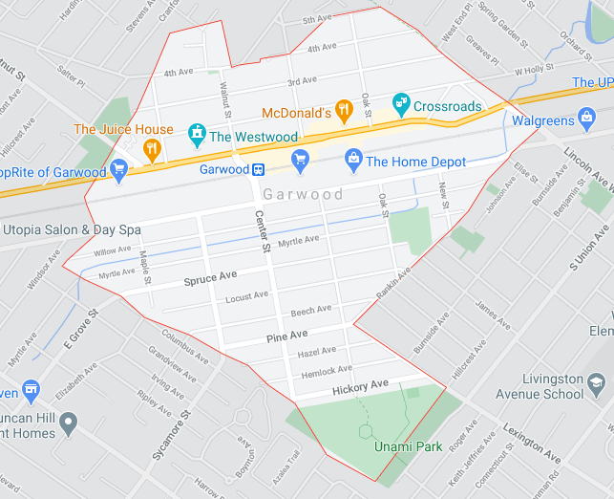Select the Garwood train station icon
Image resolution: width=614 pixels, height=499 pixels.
(258, 169)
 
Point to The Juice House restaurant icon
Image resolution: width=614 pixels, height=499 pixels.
(150, 148)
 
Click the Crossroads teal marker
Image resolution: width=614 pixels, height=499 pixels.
(401, 101)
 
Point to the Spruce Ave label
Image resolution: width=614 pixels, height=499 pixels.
(210, 278)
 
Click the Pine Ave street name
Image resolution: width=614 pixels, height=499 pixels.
(286, 336)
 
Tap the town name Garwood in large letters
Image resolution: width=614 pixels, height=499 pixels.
(304, 194)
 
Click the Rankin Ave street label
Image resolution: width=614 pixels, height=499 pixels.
(392, 286)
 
